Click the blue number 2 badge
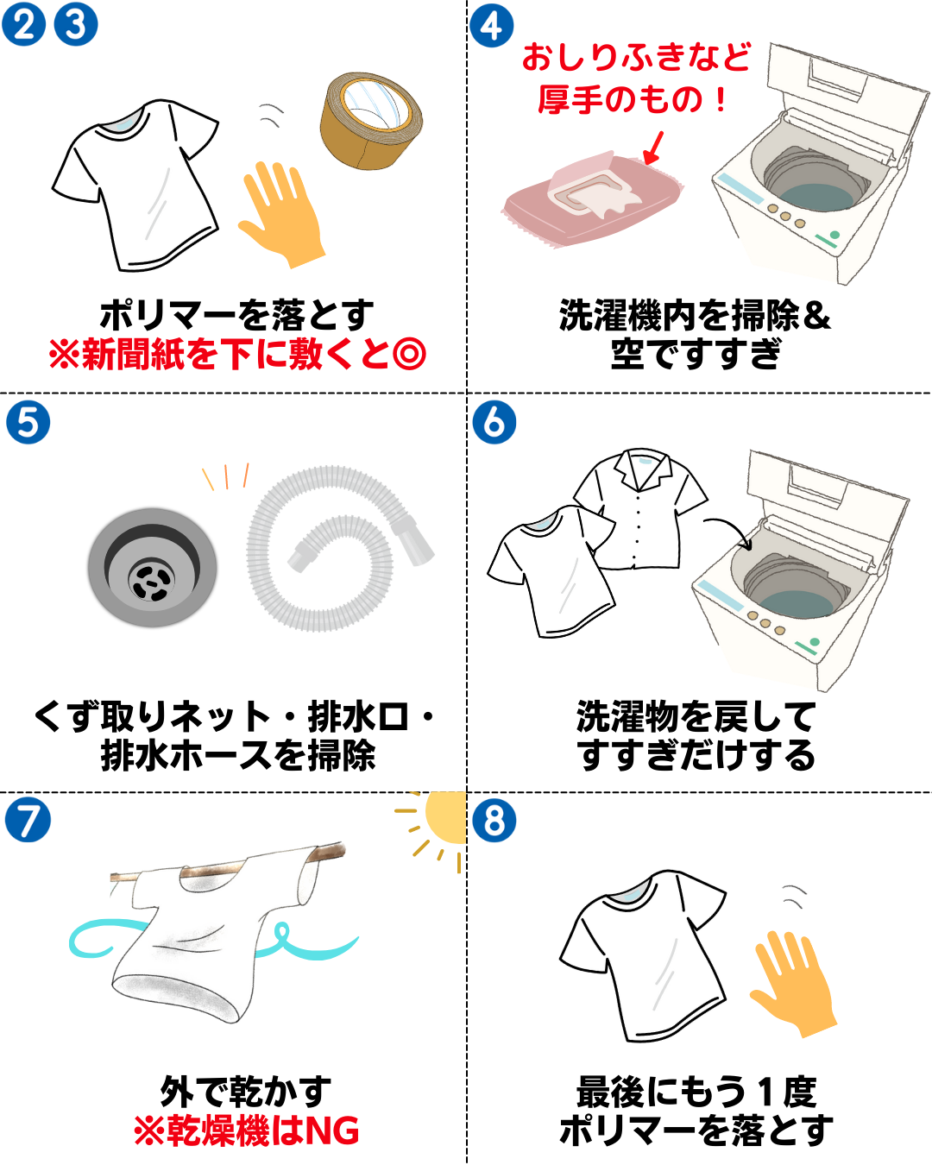[x=23, y=24]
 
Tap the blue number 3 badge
[x=76, y=24]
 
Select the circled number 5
[x=28, y=422]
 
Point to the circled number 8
[x=494, y=820]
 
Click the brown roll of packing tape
[x=371, y=120]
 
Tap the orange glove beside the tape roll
[x=282, y=214]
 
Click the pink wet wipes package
[x=593, y=198]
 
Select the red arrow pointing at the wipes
[x=653, y=148]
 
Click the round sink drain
[x=152, y=567]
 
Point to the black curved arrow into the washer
[x=732, y=526]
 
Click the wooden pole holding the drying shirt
[x=228, y=865]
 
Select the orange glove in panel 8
[x=794, y=984]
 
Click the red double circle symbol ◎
[x=409, y=354]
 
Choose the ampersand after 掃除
[x=816, y=315]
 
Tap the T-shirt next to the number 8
[x=643, y=956]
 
